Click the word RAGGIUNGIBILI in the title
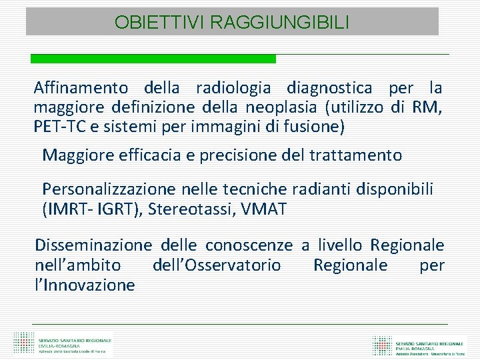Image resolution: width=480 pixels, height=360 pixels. [279, 23]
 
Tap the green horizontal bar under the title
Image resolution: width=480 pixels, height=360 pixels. [153, 59]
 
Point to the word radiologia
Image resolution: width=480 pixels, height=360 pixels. [233, 88]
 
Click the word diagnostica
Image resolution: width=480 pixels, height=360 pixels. [331, 88]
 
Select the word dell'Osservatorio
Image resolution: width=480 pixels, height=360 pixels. [217, 265]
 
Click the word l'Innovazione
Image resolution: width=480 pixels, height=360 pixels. [85, 285]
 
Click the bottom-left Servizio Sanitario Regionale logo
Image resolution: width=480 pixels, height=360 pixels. [63, 342]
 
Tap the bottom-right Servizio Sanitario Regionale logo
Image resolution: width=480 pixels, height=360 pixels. [419, 344]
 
